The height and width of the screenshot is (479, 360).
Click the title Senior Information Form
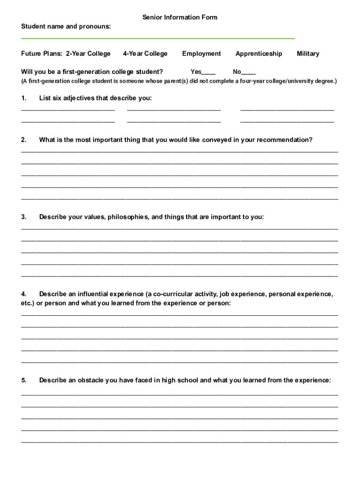(180, 17)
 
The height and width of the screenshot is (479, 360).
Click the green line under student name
(158, 38)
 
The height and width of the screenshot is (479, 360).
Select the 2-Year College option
(88, 54)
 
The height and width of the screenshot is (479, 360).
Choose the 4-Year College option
(145, 54)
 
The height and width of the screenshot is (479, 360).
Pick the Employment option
(202, 54)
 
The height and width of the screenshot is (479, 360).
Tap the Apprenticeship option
(259, 54)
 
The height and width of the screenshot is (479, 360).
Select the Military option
(308, 54)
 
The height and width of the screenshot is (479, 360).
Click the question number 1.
(24, 98)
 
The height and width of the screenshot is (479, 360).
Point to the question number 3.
(24, 217)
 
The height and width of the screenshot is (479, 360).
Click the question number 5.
(24, 380)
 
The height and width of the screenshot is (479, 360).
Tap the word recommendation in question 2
(284, 140)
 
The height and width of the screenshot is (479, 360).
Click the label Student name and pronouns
(66, 27)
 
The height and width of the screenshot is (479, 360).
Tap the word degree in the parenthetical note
(323, 81)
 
